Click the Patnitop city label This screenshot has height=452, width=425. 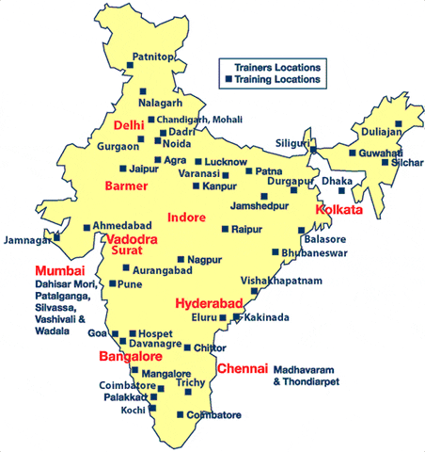pyautogui.click(x=152, y=57)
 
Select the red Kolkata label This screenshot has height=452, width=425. pyautogui.click(x=339, y=210)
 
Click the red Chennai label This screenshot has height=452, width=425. pyautogui.click(x=243, y=368)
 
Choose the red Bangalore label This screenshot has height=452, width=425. pyautogui.click(x=131, y=357)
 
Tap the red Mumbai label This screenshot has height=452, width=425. pyautogui.click(x=54, y=271)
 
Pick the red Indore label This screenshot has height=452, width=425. pyautogui.click(x=185, y=218)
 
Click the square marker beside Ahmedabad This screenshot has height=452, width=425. pyautogui.click(x=87, y=227)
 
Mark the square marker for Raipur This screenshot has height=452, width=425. pyautogui.click(x=225, y=229)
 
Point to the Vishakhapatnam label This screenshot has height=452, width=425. pyautogui.click(x=281, y=281)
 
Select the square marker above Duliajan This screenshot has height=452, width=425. pyautogui.click(x=399, y=124)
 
